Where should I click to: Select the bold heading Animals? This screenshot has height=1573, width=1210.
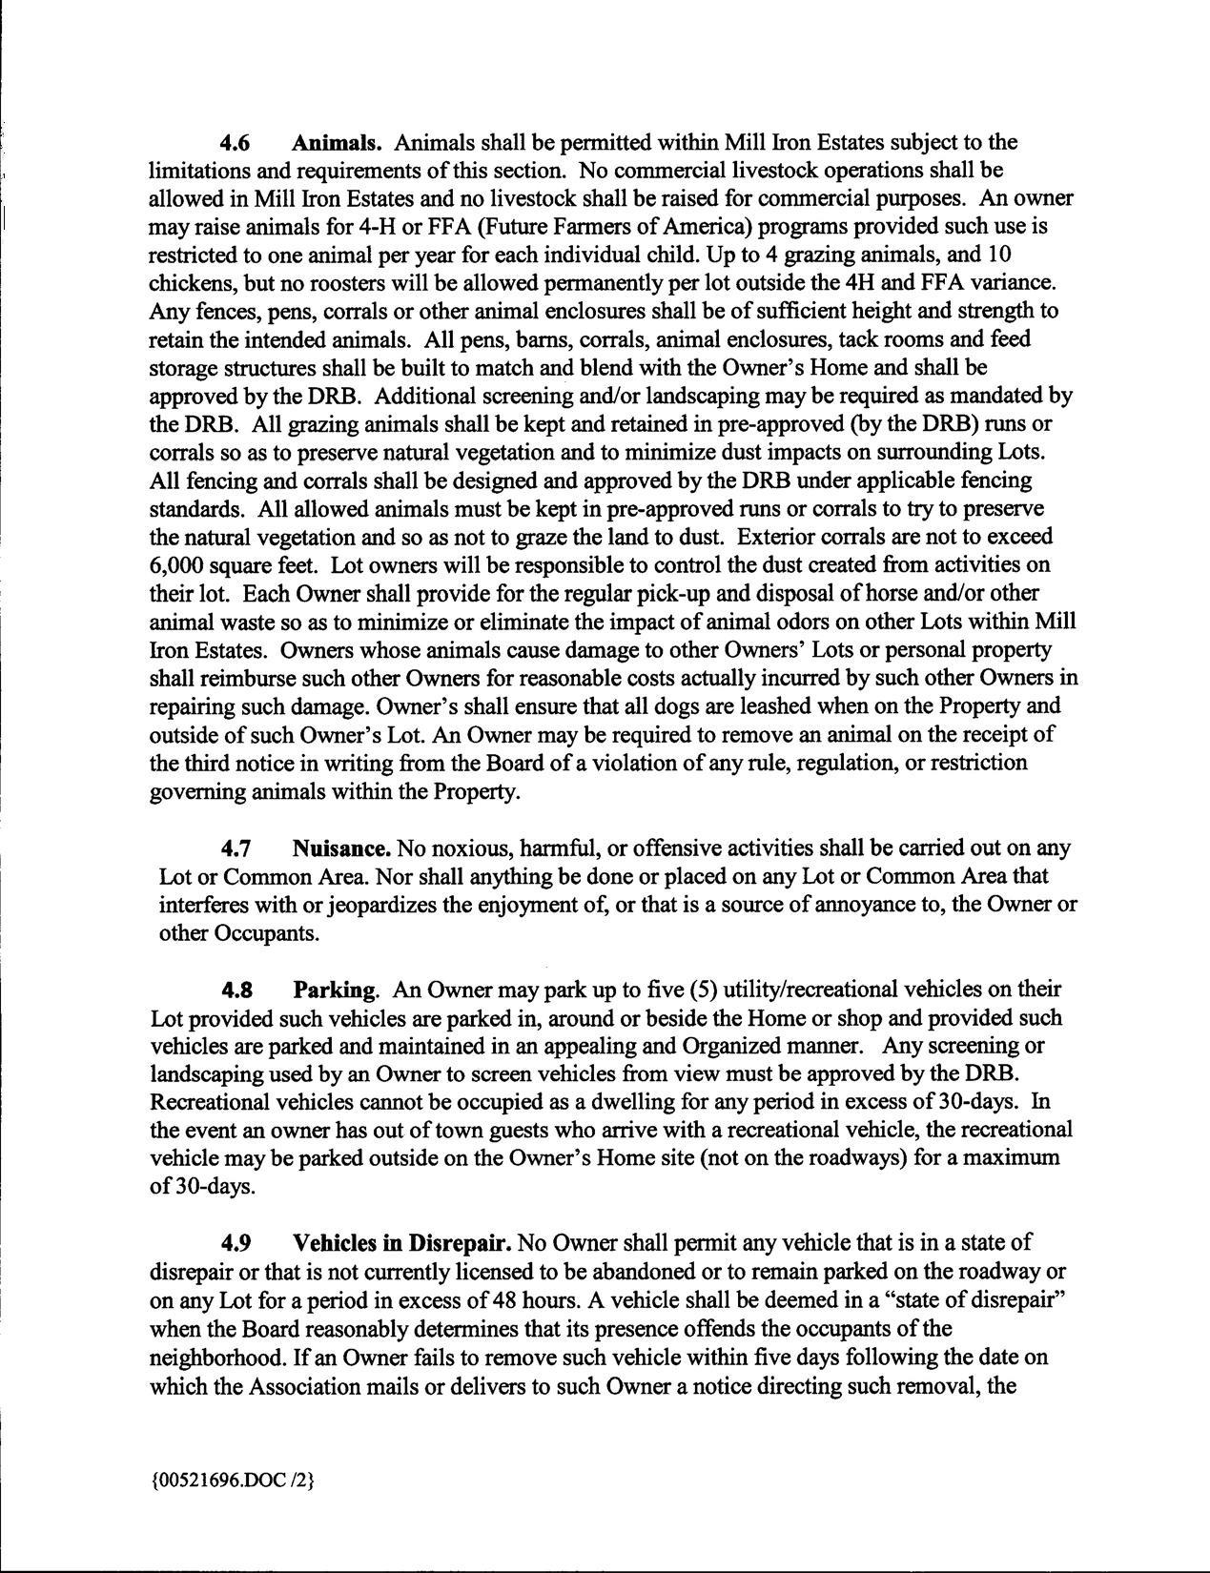tap(337, 143)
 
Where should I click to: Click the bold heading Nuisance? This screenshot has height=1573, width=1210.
tap(341, 848)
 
